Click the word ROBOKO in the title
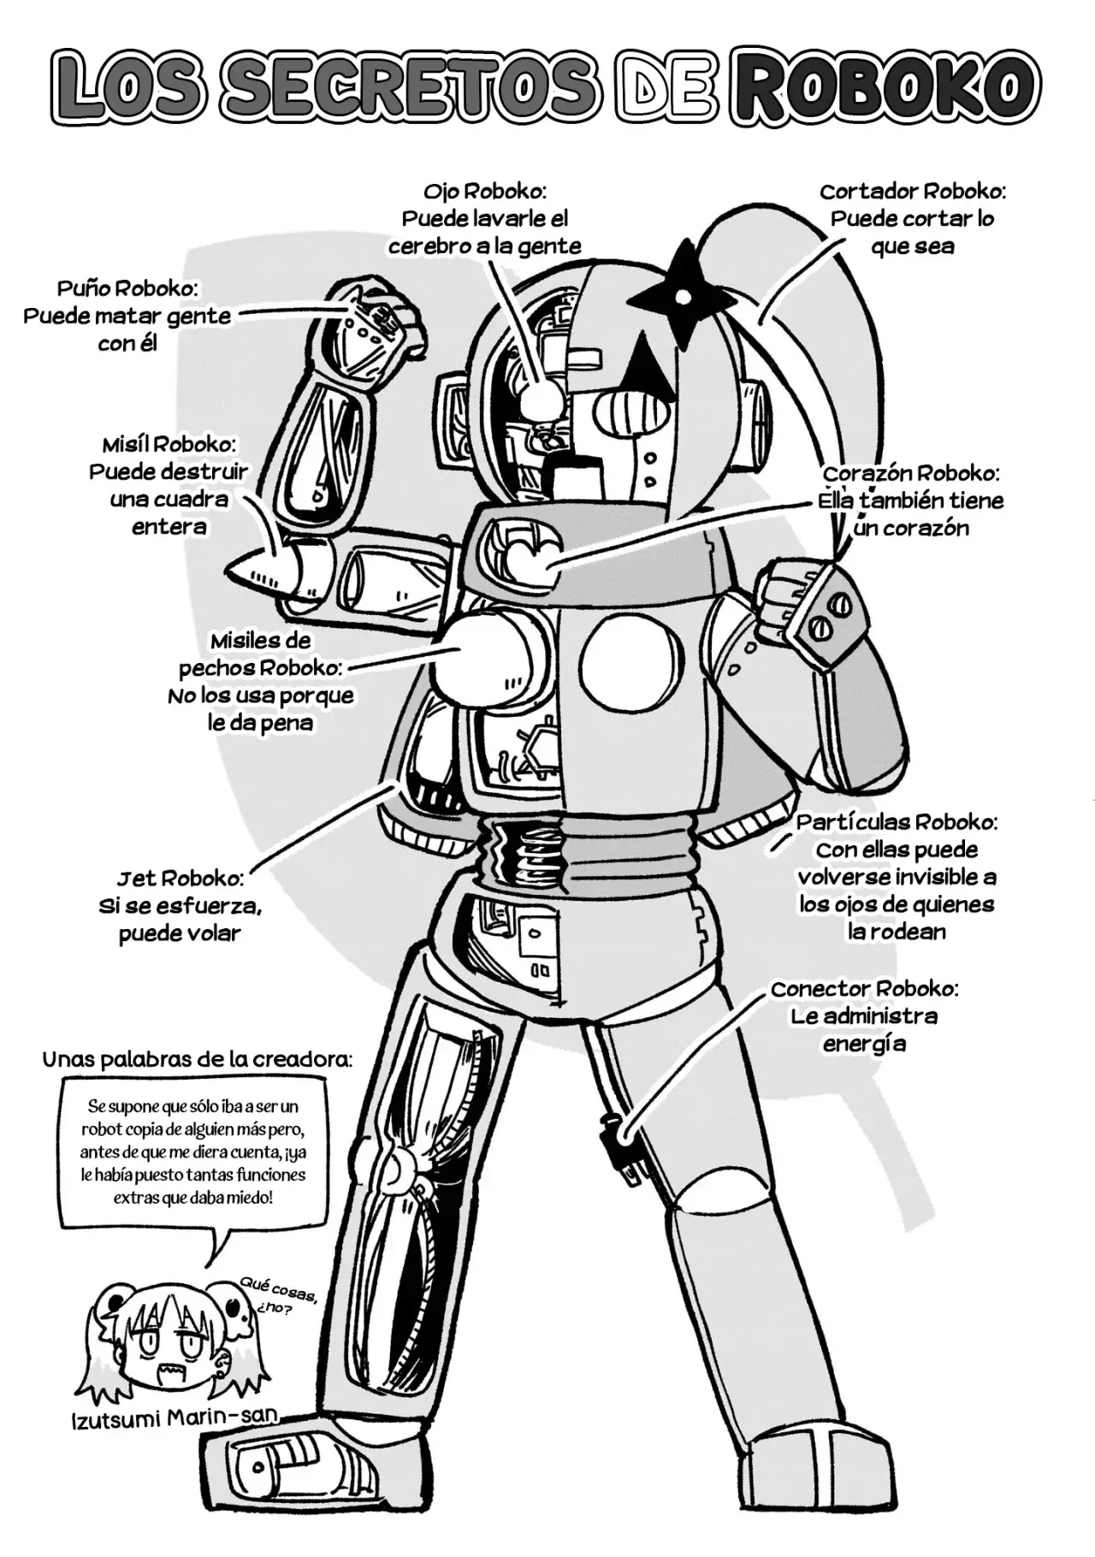coord(884,86)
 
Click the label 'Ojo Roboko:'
coord(484,190)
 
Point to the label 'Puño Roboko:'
coord(127,287)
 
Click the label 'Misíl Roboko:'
coord(169,444)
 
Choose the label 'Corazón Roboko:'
coord(911,473)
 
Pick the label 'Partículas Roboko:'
coord(897,822)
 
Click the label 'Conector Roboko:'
coord(864,989)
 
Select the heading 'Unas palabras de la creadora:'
coord(197,1059)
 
